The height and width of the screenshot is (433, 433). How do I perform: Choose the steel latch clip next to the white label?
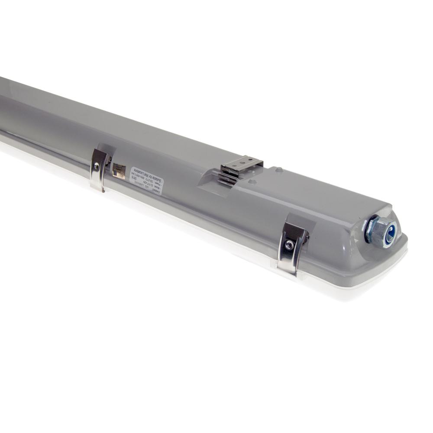(99, 169)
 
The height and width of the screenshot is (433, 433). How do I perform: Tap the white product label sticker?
(146, 179)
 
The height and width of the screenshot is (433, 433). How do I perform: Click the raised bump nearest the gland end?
(280, 170)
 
